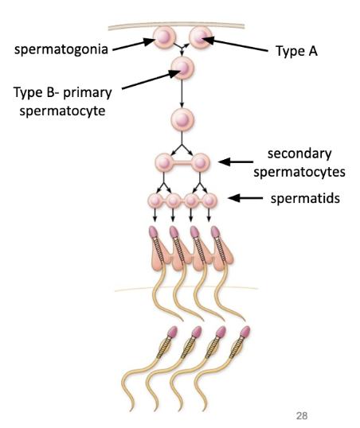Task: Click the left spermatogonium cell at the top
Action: [x=166, y=37]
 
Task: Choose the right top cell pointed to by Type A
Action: [x=198, y=36]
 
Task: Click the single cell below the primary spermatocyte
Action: [x=182, y=120]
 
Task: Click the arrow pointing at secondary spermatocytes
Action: [x=236, y=162]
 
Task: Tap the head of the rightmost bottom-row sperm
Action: [x=245, y=331]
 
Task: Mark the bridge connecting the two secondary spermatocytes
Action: [x=182, y=163]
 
